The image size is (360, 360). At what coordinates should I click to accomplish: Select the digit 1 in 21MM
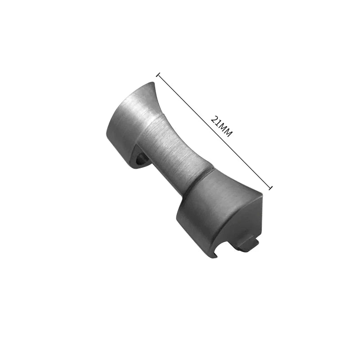coord(218,123)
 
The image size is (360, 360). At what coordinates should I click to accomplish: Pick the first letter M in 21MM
coord(223,128)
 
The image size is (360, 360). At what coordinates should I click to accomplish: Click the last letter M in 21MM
coord(229,134)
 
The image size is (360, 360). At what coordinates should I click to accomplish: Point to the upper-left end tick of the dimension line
coord(158,75)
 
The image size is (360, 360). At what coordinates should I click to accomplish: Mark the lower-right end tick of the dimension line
coord(271,188)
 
